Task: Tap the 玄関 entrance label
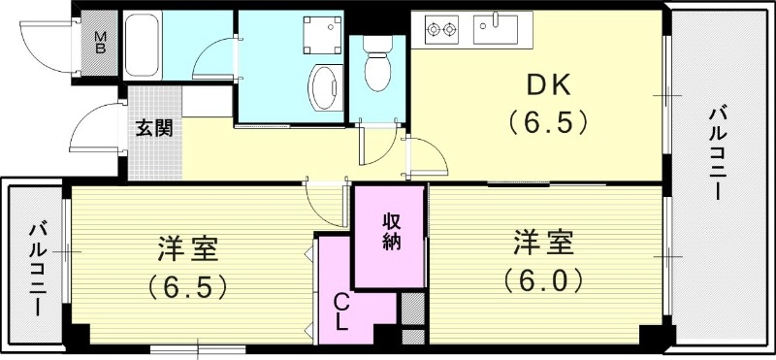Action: (153, 126)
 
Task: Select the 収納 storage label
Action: (390, 232)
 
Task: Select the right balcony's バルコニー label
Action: (718, 155)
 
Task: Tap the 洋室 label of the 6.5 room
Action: (189, 249)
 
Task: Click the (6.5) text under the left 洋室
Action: (188, 287)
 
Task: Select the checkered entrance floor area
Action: (153, 146)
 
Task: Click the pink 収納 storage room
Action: (390, 238)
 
